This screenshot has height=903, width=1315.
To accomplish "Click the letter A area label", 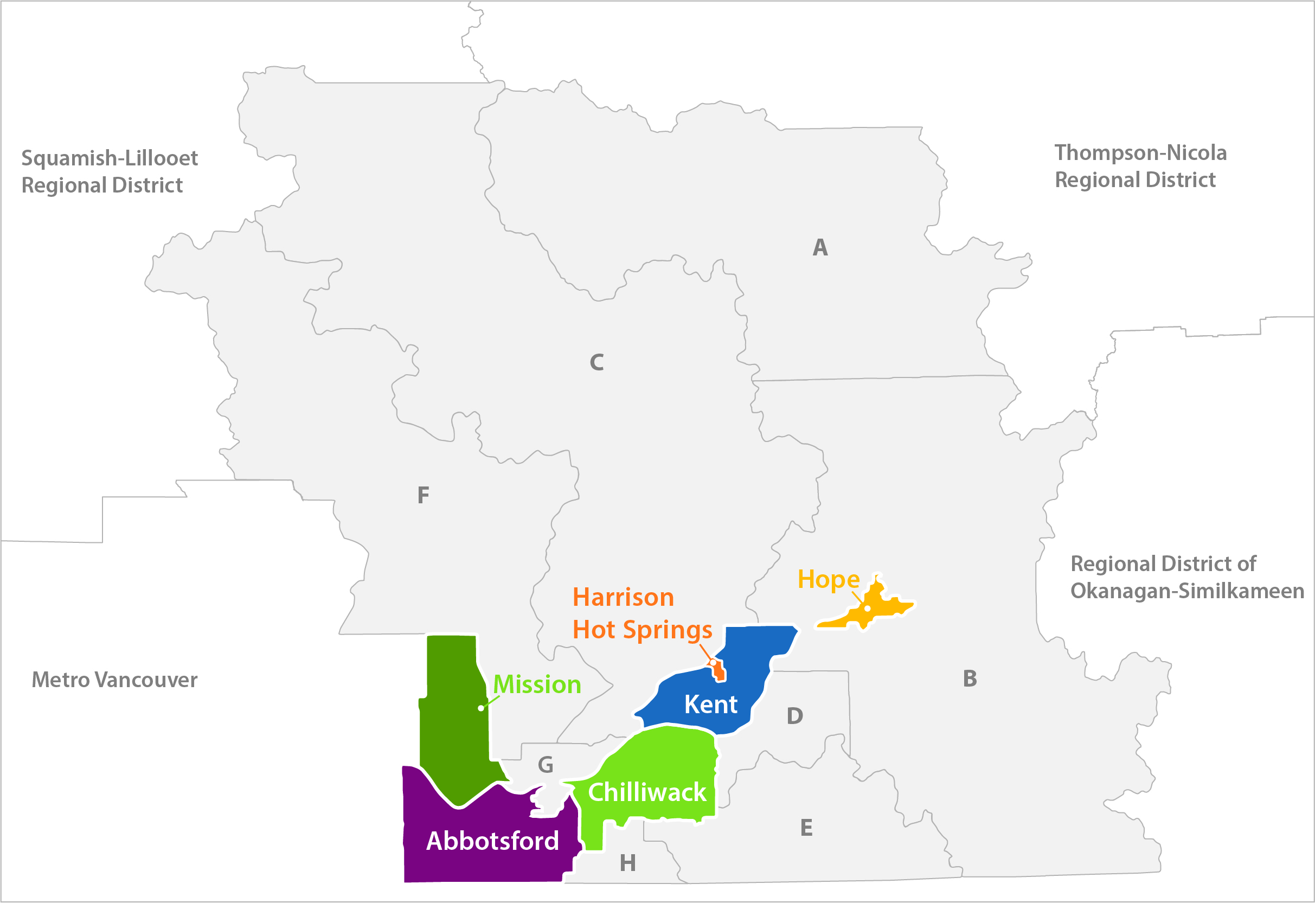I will pos(820,248).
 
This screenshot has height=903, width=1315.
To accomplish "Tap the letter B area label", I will pos(970,679).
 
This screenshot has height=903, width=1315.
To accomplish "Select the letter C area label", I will pos(596,363).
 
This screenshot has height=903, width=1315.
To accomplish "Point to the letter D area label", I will pos(795,716).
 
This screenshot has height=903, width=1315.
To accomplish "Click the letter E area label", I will pos(806,828).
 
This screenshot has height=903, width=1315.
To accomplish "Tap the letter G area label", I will pos(546,765).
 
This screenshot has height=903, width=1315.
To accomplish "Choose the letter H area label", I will pos(627,863).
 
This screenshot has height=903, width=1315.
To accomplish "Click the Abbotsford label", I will pos(492,841).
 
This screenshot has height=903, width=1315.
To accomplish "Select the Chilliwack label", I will pos(647,793).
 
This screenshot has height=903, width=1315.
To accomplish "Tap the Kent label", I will pos(711,705).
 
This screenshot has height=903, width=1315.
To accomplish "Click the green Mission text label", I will pos(537,685).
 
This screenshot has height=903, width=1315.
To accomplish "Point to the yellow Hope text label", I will pos(829,580).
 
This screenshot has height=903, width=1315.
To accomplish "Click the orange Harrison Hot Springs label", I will pos(642,614).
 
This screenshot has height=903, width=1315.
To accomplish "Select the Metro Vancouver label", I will pos(114,680).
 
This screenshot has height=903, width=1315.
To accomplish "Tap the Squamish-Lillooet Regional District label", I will pos(109,171).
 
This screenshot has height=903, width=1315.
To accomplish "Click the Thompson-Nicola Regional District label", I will pos(1140,166).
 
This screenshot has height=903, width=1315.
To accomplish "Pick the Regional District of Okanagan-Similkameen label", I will pos(1187,578).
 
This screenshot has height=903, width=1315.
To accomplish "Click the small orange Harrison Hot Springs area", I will pos(719,671).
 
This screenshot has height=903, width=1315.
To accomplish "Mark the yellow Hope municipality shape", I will pos(874,608).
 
